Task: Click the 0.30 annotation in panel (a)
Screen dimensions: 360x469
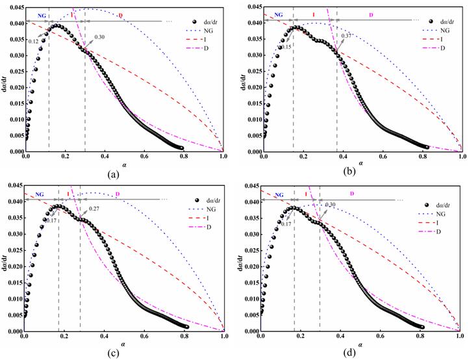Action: click(x=99, y=37)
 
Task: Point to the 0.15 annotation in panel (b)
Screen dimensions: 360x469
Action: click(x=286, y=47)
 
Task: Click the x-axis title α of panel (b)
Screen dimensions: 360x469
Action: click(x=361, y=164)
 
